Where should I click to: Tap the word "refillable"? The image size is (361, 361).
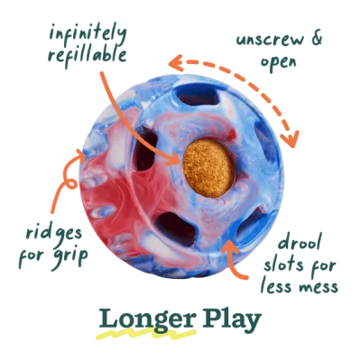pos(87,56)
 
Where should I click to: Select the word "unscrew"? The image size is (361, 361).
pos(270,41)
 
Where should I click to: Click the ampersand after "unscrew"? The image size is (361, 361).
pos(317,39)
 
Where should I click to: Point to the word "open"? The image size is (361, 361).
pos(278,62)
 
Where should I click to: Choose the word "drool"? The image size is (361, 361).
pos(300,242)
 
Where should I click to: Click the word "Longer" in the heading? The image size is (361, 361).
pos(148,319)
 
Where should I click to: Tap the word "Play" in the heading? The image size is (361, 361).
pos(232,319)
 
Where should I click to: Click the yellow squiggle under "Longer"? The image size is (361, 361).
pos(146,334)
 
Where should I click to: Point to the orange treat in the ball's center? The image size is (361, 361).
pos(208,168)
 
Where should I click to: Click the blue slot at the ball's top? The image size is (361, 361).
pos(198,97)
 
